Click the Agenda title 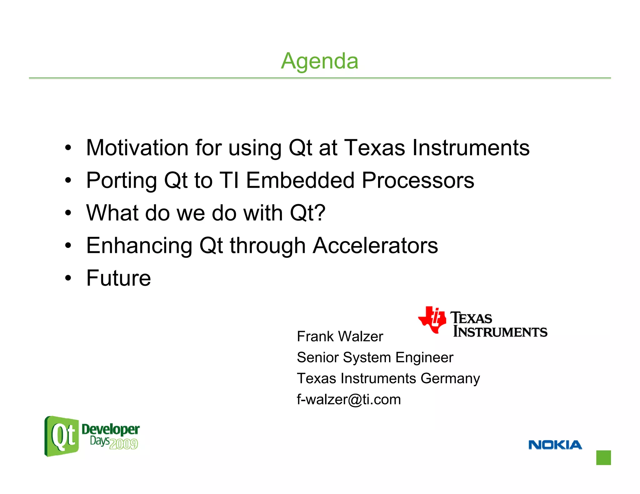(x=319, y=61)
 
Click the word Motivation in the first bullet (x=137, y=148)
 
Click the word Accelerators (x=375, y=246)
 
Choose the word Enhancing (x=139, y=246)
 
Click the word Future (x=118, y=278)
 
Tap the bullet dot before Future (x=68, y=278)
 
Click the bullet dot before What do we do (x=68, y=213)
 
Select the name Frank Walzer (x=340, y=337)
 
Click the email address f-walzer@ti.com (x=348, y=400)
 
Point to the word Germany (x=450, y=378)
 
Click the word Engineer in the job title (x=424, y=358)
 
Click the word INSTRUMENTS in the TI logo (x=500, y=332)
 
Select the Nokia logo (x=555, y=445)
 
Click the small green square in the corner (x=603, y=457)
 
